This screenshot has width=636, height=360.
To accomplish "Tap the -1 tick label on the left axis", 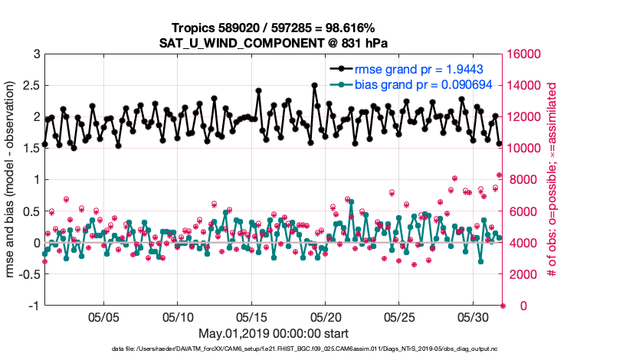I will coord(34,306).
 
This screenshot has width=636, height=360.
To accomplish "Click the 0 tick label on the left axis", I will coord(37,243).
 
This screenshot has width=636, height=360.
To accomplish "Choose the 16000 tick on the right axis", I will coord(525,54).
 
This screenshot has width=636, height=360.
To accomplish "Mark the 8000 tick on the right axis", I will coord(522,180).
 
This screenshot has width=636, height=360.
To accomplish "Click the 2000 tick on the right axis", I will coord(522,274).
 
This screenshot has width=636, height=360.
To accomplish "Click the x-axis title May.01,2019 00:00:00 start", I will coord(274,333).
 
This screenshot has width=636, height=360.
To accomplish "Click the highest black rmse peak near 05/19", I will coord(314,86).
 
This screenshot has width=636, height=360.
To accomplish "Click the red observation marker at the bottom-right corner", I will coord(503,306).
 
